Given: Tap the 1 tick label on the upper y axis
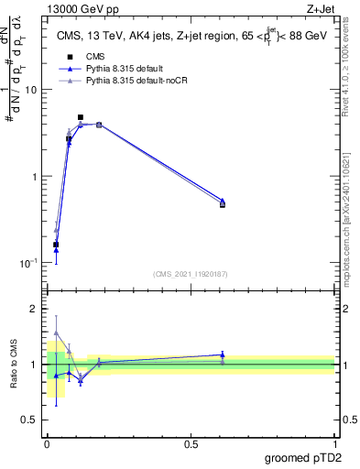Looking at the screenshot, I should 34,176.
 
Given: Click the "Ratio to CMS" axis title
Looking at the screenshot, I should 13,364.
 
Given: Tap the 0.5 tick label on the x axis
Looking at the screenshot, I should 191,443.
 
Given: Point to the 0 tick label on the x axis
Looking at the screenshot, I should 48,443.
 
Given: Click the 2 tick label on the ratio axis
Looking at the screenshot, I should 34,309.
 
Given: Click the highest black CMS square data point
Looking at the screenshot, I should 81,117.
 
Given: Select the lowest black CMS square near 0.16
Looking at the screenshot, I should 56,245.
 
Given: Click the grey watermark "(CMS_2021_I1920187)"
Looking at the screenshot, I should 191,273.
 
